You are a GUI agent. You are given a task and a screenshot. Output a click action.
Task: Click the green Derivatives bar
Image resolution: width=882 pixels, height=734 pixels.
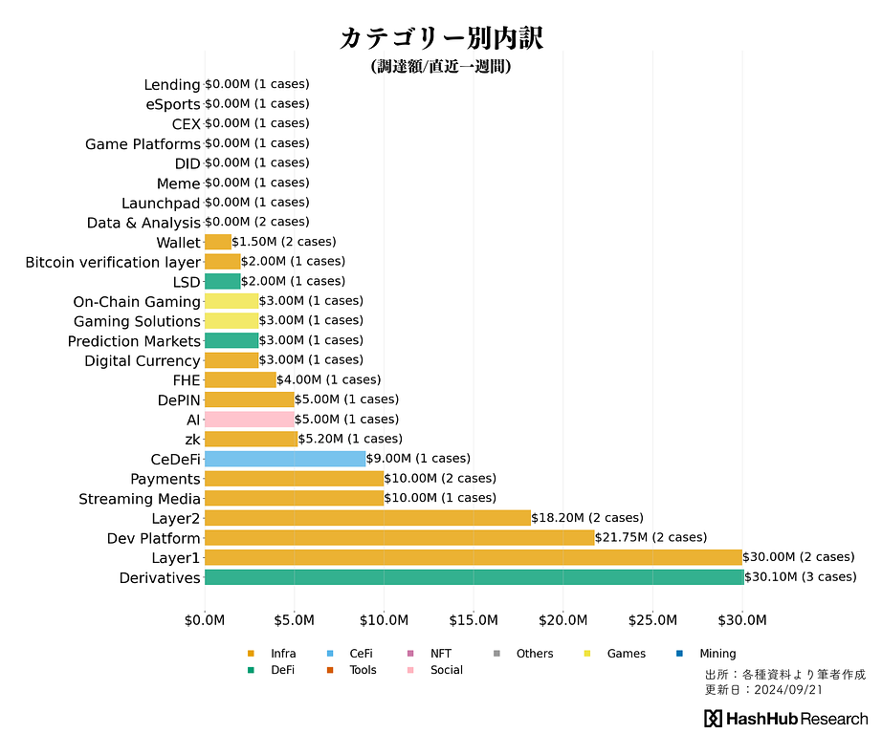click(474, 577)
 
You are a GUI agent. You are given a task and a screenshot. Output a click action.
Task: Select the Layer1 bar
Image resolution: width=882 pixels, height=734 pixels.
click(474, 557)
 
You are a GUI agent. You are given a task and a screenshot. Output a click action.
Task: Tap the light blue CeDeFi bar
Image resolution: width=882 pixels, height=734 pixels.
click(285, 459)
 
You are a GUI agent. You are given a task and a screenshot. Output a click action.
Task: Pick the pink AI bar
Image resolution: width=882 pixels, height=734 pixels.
click(250, 419)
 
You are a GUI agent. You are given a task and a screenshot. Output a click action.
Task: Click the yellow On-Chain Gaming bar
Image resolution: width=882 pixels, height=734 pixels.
click(232, 301)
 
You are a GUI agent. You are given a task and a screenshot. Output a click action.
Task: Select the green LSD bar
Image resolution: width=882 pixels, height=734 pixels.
click(223, 281)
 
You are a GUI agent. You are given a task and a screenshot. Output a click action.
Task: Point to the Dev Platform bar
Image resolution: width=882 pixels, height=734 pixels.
click(399, 537)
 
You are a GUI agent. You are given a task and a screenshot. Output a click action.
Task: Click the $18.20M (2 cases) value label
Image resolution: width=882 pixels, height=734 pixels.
click(587, 517)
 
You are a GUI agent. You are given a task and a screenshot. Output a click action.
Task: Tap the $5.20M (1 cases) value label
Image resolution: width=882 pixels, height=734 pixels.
click(349, 439)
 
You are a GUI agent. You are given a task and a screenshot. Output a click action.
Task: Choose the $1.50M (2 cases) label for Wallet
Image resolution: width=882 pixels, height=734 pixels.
click(284, 242)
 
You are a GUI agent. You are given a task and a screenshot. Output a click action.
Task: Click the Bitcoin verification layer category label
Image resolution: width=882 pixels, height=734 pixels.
click(113, 262)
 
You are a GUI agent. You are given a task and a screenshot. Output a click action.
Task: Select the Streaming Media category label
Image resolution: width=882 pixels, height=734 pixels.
click(140, 499)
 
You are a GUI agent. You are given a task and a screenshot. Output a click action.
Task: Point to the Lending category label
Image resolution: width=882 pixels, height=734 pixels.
click(172, 85)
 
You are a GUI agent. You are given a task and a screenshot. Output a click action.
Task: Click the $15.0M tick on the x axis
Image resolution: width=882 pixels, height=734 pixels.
click(474, 620)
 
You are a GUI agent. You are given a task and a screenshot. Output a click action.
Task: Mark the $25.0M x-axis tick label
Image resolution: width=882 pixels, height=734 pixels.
click(653, 620)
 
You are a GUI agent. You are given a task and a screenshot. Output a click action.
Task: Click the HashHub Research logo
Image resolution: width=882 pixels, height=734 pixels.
click(785, 719)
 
